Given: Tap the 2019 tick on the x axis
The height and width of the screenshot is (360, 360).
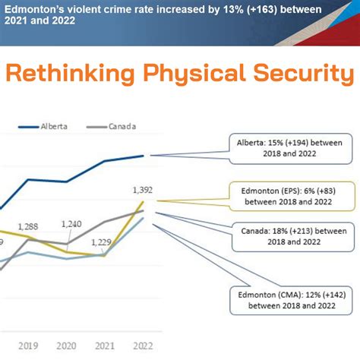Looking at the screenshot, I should coord(27,346).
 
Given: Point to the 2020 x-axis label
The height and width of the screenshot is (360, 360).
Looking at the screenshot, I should coord(66,346).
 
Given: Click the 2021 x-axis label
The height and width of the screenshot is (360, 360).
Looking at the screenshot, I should coord(104,346).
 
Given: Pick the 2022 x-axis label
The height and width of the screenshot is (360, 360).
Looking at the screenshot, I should coord(142,346).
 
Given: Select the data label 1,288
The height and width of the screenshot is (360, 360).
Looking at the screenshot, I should coord(27,226).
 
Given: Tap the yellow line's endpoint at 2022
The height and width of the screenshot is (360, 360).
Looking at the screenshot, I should coord(143,202).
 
